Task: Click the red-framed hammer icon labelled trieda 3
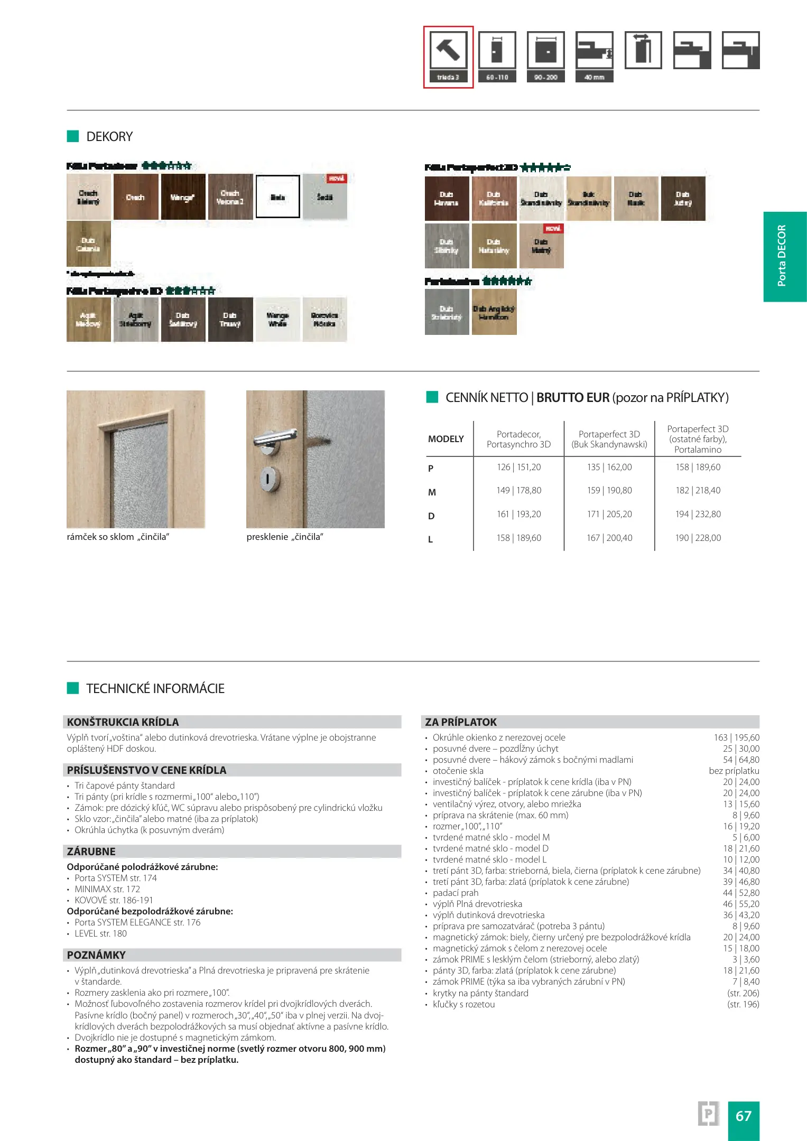(x=448, y=57)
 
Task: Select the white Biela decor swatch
(x=278, y=197)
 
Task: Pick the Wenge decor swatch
(x=183, y=197)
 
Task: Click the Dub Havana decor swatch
(x=447, y=199)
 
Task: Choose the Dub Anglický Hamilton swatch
(x=494, y=312)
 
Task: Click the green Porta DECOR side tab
(x=784, y=256)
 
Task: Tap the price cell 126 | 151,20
(x=518, y=467)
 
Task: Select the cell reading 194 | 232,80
(x=698, y=514)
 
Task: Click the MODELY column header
(x=446, y=439)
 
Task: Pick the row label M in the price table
(x=432, y=492)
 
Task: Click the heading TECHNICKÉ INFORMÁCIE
(x=155, y=688)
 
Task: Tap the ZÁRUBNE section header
(x=91, y=851)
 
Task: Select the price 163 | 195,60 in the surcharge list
(x=736, y=737)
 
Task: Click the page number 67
(x=743, y=1116)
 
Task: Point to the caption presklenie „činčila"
(x=285, y=537)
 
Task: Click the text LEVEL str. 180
(x=100, y=933)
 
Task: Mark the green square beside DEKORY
(x=73, y=136)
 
